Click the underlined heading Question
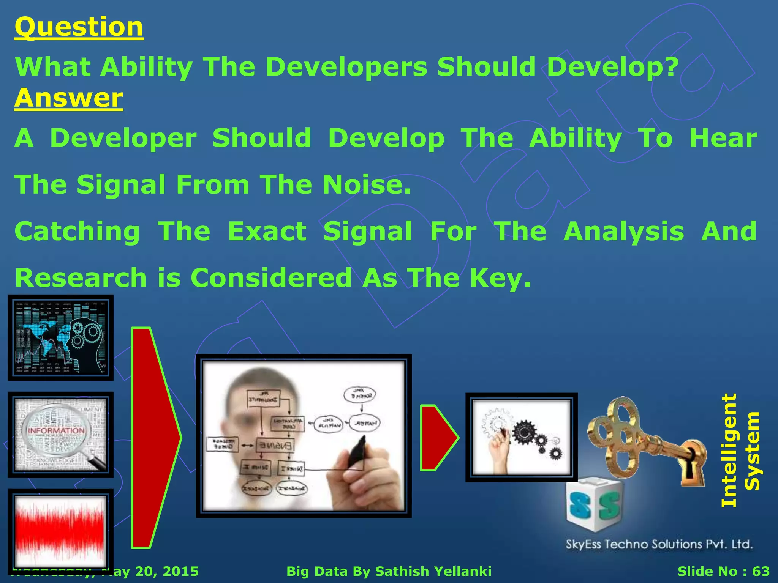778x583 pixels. click(79, 27)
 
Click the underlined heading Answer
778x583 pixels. click(69, 98)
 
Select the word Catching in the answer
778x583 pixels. click(77, 232)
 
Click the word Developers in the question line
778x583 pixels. click(346, 67)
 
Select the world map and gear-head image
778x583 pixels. click(60, 337)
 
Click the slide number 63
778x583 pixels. click(761, 571)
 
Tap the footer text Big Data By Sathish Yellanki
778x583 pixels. click(389, 571)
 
